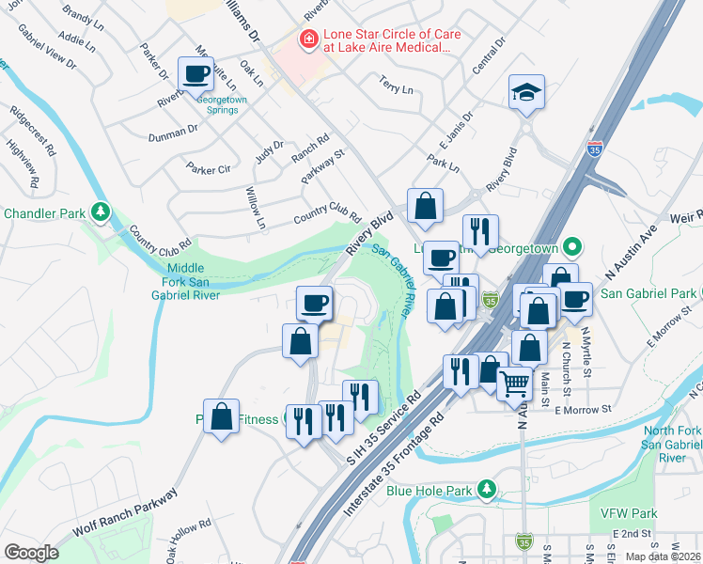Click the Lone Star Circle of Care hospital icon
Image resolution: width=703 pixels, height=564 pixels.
coord(306,39)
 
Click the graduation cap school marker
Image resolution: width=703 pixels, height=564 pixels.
coord(526,93)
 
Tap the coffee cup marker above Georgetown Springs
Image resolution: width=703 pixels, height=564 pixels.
coord(195,74)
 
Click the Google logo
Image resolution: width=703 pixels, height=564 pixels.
coord(31,552)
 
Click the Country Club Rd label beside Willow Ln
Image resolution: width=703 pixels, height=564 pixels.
coord(326,215)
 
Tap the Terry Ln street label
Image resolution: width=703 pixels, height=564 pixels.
coord(396,88)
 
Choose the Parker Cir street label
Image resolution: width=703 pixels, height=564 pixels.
coord(208,169)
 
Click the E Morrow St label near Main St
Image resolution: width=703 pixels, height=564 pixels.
coord(583,410)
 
